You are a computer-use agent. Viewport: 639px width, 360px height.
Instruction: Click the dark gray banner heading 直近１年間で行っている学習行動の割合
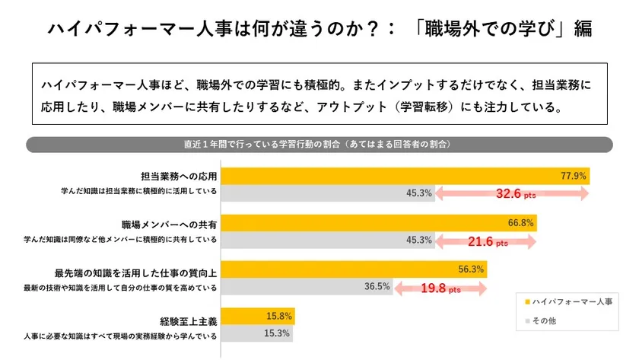(319, 144)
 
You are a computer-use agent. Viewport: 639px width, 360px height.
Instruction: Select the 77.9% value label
(573, 177)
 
